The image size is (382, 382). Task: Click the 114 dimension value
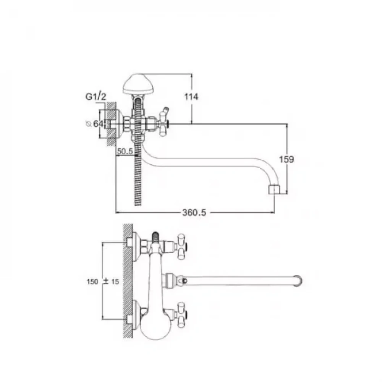point(191,97)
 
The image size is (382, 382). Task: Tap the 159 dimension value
point(286,159)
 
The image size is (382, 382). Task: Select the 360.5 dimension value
point(194,213)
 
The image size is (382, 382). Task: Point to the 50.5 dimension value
point(125,151)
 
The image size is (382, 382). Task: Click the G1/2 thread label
point(96,97)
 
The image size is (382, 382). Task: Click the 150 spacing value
point(92,282)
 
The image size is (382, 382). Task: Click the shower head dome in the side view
point(138,84)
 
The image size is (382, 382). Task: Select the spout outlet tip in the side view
point(274,190)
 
